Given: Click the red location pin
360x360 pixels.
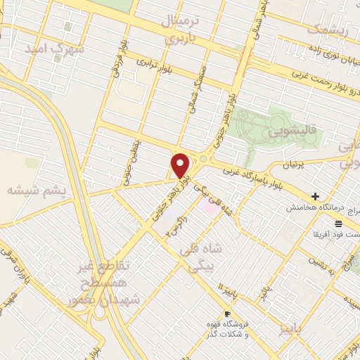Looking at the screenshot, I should click(181, 165).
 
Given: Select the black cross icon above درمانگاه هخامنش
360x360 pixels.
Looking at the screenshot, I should click(315, 196).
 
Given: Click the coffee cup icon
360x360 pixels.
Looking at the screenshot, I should click(226, 314).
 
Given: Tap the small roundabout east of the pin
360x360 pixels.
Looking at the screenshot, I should click(203, 159).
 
